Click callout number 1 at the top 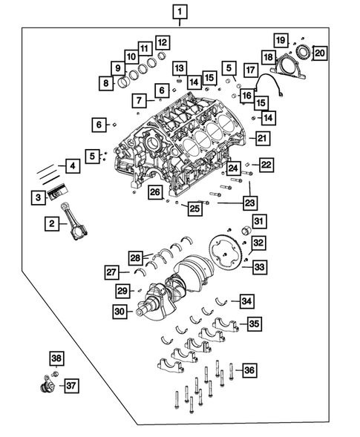pos(181,12)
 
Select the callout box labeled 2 pos(53,223)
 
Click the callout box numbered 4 pos(72,167)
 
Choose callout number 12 pos(162,42)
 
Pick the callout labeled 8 pos(108,83)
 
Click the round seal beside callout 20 pos(303,53)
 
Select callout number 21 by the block pos(261,138)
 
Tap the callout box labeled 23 pos(249,202)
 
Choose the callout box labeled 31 pos(257,221)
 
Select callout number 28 pos(136,257)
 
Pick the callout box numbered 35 pos(254,323)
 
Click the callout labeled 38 pos(57,360)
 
